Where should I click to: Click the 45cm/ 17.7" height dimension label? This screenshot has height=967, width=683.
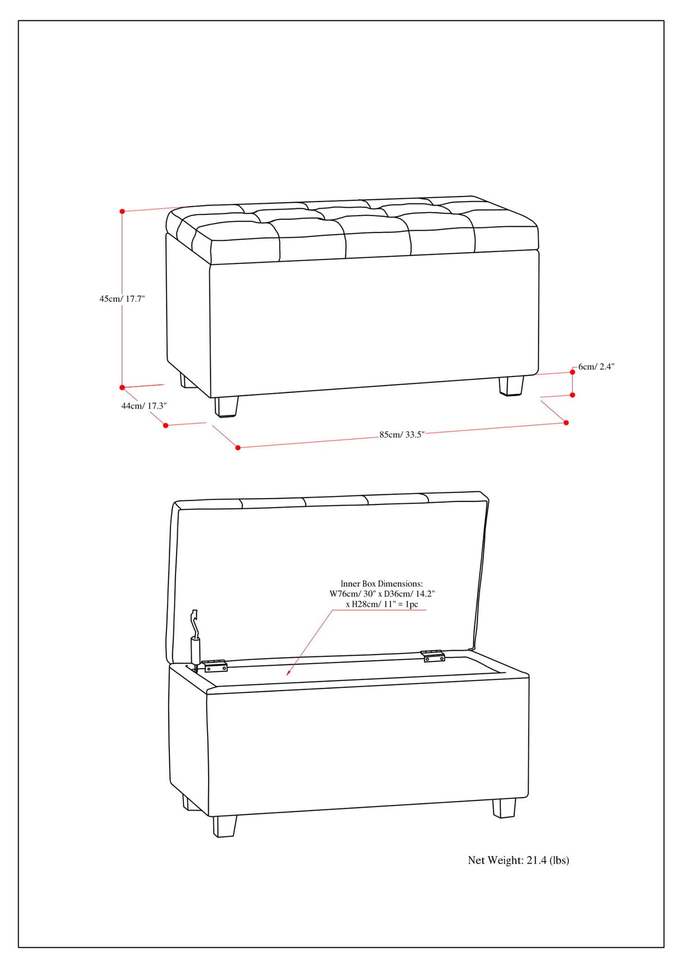pyautogui.click(x=122, y=299)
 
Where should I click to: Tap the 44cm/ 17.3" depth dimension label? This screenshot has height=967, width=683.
pyautogui.click(x=144, y=405)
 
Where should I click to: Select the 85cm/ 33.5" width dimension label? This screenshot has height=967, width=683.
pyautogui.click(x=402, y=435)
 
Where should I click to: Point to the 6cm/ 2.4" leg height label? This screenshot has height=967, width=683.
pyautogui.click(x=596, y=366)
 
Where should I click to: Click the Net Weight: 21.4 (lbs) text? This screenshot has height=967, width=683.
pyautogui.click(x=518, y=860)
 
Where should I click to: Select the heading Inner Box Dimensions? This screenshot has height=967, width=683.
pyautogui.click(x=381, y=584)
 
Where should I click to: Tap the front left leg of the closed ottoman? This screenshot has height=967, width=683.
pyautogui.click(x=226, y=406)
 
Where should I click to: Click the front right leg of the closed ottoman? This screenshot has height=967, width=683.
pyautogui.click(x=511, y=386)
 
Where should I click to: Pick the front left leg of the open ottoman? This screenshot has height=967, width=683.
pyautogui.click(x=225, y=826)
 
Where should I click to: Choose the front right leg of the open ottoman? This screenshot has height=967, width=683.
pyautogui.click(x=504, y=808)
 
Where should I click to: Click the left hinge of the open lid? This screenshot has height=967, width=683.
pyautogui.click(x=215, y=666)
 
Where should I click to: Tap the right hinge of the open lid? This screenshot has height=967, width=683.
pyautogui.click(x=433, y=656)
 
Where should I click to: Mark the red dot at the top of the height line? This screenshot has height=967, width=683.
pyautogui.click(x=122, y=212)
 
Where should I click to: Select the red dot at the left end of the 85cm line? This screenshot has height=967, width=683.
pyautogui.click(x=238, y=447)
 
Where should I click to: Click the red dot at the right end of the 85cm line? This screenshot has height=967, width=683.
pyautogui.click(x=566, y=423)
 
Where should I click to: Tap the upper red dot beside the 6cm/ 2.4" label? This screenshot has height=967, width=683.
pyautogui.click(x=573, y=372)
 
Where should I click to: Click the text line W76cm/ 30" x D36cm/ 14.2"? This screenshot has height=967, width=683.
pyautogui.click(x=382, y=594)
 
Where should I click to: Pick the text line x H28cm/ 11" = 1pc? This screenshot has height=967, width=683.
pyautogui.click(x=382, y=604)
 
